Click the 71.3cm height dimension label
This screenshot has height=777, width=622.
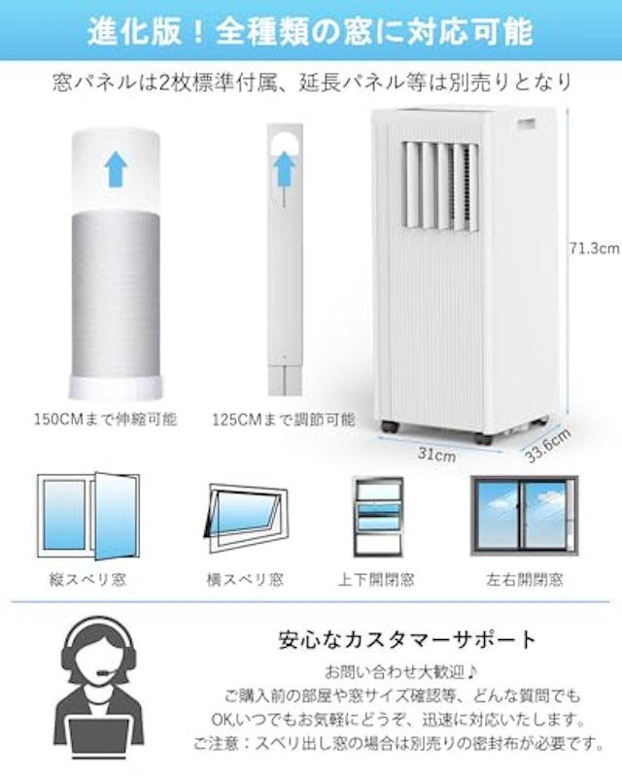click(594, 249)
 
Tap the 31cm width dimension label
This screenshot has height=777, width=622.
click(436, 454)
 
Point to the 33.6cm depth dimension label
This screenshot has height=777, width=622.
click(547, 446)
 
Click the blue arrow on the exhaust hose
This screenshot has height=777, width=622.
click(116, 168)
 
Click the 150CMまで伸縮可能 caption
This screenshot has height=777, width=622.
click(105, 420)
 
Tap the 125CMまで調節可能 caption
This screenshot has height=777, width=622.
click(283, 420)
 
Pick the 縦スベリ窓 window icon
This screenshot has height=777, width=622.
click(88, 517)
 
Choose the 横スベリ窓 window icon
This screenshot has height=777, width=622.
click(246, 518)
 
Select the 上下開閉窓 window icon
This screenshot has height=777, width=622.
click(378, 517)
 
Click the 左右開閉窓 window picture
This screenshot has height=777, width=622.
click(524, 516)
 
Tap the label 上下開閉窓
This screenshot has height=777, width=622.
click(376, 579)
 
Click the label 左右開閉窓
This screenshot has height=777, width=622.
click(524, 579)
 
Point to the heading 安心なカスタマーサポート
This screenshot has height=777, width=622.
click(407, 640)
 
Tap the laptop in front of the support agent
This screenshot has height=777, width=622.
click(99, 741)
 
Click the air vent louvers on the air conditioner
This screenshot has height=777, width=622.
click(440, 186)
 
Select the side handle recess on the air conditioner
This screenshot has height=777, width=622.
click(527, 124)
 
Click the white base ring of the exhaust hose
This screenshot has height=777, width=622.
click(115, 387)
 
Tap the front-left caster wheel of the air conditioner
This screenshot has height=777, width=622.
click(389, 426)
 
